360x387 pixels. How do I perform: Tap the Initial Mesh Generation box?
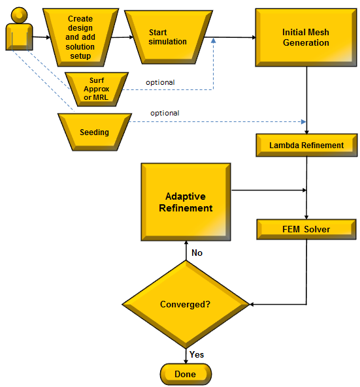[306, 37]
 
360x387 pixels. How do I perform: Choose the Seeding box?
[94, 132]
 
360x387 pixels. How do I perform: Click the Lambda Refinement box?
[306, 146]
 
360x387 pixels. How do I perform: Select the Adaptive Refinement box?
[186, 202]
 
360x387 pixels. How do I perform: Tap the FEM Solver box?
[306, 229]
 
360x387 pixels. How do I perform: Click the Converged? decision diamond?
[186, 304]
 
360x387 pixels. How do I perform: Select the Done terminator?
[186, 374]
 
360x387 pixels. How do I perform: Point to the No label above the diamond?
[197, 252]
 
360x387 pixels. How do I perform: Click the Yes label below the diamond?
[196, 354]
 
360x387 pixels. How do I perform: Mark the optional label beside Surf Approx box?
[161, 82]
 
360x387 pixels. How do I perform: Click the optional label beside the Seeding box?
[165, 113]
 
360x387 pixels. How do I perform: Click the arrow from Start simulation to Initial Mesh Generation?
[233, 37]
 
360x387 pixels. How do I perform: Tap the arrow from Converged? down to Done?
[186, 356]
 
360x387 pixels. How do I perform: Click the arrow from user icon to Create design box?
[41, 37]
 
